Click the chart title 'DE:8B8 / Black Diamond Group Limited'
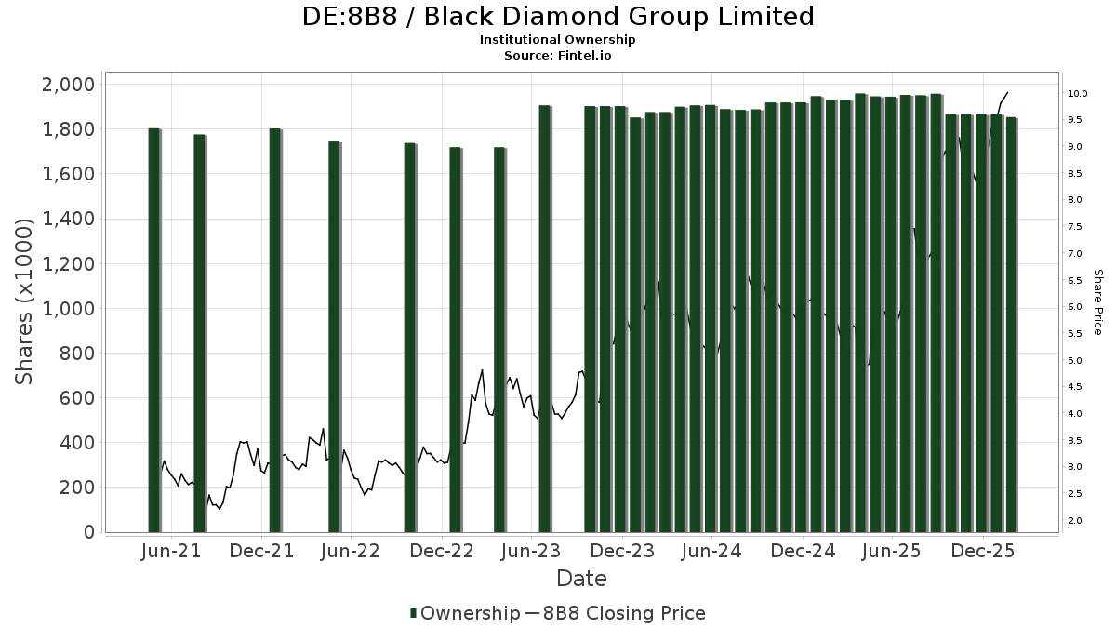tap(558, 17)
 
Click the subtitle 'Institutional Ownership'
tap(558, 40)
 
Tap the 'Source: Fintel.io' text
tap(558, 55)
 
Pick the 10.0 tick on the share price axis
tap(1079, 94)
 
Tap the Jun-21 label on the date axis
tap(171, 551)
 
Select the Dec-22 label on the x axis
tap(443, 551)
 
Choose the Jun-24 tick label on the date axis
tap(711, 551)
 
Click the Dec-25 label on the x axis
tap(982, 551)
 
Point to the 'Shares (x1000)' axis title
tap(25, 301)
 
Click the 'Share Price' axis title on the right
tap(1097, 302)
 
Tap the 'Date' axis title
tap(581, 579)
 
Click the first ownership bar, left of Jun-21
tap(154, 330)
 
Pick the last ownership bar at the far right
tap(1011, 325)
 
